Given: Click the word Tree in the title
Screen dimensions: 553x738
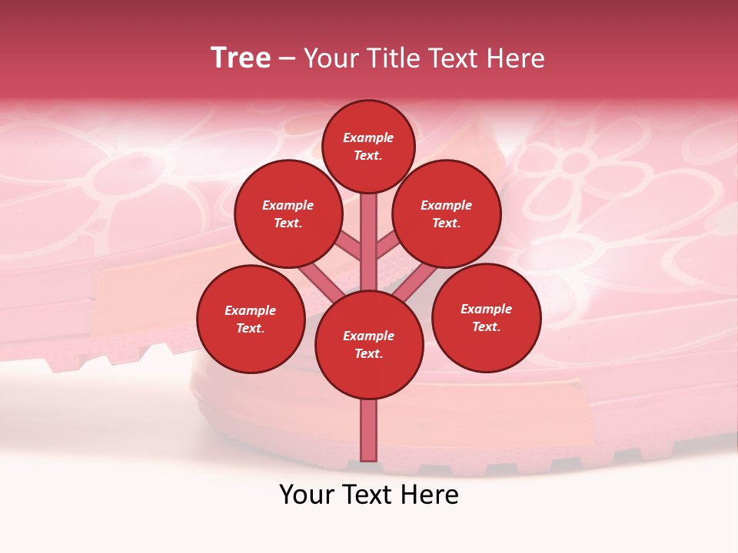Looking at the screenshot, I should pyautogui.click(x=241, y=58).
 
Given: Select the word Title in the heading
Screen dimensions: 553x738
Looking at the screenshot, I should pyautogui.click(x=391, y=58).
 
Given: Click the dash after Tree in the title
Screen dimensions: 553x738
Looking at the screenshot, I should pyautogui.click(x=287, y=59).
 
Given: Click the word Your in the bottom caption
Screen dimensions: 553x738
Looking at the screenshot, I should pyautogui.click(x=307, y=495).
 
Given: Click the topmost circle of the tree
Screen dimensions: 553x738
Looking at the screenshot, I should pyautogui.click(x=368, y=146).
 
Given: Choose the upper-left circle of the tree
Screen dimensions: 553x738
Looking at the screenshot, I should pyautogui.click(x=288, y=214).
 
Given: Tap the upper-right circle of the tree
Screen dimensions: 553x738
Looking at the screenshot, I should pyautogui.click(x=447, y=214).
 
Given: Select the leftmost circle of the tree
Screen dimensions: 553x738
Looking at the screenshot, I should pyautogui.click(x=251, y=319).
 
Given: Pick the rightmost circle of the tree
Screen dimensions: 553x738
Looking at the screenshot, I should pyautogui.click(x=487, y=317).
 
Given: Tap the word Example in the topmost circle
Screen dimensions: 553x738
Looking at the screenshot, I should pyautogui.click(x=368, y=137).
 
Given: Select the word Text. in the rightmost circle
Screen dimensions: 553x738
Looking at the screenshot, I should pyautogui.click(x=487, y=326).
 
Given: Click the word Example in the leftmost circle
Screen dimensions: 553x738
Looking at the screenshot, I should pyautogui.click(x=251, y=310).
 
